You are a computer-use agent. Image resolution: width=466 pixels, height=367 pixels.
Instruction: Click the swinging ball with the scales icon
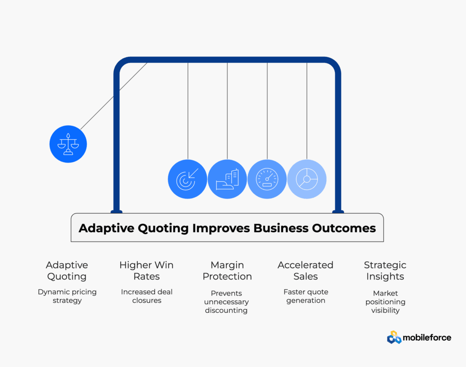[x=68, y=144]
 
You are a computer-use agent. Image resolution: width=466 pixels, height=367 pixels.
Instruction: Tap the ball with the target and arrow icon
[x=187, y=179]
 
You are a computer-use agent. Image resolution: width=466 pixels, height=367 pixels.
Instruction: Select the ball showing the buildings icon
[x=227, y=179]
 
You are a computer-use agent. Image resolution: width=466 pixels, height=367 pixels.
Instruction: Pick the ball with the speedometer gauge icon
[x=267, y=179]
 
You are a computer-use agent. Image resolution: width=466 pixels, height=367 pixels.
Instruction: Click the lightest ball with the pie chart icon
[x=307, y=179]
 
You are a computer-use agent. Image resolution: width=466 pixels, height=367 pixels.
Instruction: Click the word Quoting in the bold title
[x=163, y=229]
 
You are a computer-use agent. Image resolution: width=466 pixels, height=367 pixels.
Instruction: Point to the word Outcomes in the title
[x=344, y=228]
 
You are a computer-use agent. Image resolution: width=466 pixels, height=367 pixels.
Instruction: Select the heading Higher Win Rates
[x=147, y=270]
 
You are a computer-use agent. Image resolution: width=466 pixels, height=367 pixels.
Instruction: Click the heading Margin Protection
[x=227, y=270]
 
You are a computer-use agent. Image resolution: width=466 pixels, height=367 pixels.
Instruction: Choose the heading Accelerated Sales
[x=305, y=270]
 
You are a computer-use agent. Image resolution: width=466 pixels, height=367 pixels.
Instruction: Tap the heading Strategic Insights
[x=385, y=270]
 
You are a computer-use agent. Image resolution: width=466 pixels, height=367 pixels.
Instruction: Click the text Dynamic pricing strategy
[x=67, y=296]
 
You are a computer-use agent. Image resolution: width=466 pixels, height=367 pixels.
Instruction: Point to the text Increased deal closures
[x=147, y=296]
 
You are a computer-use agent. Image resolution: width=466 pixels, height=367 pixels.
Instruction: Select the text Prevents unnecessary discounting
[x=226, y=301]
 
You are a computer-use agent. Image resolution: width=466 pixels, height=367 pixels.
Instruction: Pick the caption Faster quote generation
[x=306, y=296]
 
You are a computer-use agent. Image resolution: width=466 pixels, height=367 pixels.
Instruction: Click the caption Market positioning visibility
[x=385, y=301]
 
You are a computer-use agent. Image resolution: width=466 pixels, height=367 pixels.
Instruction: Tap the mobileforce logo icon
[x=394, y=337]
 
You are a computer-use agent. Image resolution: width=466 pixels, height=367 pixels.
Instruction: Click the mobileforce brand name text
[x=427, y=337]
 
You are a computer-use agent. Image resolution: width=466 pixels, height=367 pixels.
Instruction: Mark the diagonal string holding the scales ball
[x=114, y=96]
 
